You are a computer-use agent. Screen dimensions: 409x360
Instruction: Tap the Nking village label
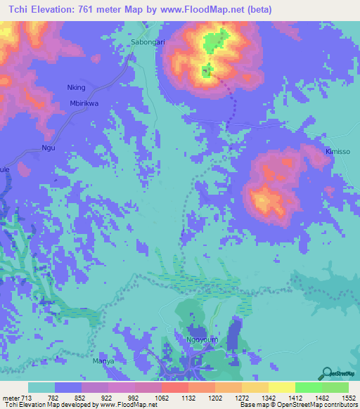click(75, 88)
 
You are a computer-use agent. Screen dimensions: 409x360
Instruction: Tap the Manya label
click(103, 362)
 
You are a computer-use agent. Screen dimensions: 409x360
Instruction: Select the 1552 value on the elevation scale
click(340, 398)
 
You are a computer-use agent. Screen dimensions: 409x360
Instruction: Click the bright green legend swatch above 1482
click(308, 387)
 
